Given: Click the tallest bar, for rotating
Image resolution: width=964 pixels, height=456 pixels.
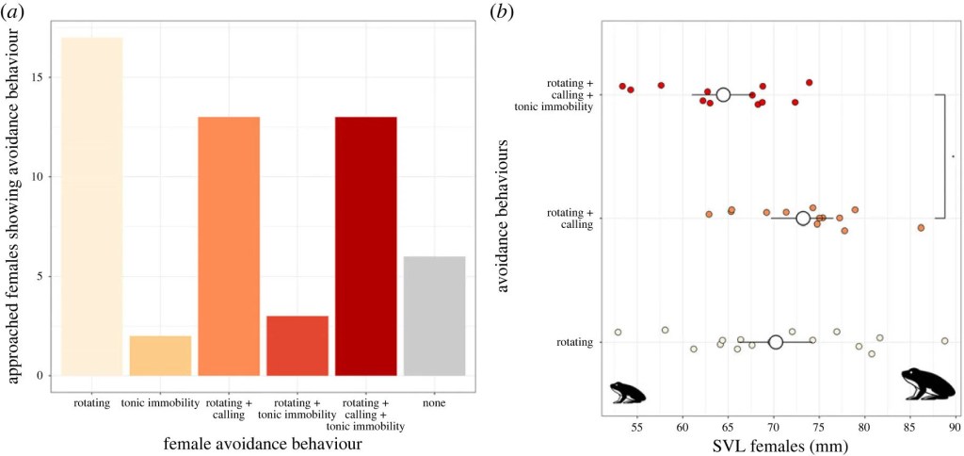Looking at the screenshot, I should pyautogui.click(x=91, y=206).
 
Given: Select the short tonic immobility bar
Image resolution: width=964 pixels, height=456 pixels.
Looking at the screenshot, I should pyautogui.click(x=160, y=355).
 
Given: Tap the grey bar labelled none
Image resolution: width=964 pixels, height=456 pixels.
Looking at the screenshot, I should pyautogui.click(x=434, y=316).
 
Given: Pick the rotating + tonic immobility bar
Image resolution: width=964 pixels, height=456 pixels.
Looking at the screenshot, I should pyautogui.click(x=297, y=346).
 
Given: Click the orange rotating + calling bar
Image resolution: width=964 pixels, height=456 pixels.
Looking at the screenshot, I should pyautogui.click(x=229, y=246).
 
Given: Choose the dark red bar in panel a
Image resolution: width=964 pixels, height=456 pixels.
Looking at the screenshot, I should pyautogui.click(x=365, y=246).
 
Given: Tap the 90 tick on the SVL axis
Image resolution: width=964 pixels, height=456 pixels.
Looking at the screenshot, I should pyautogui.click(x=954, y=427).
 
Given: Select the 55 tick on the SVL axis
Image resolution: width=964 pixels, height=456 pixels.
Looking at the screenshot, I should pyautogui.click(x=637, y=427).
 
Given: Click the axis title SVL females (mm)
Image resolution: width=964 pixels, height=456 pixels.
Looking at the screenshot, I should pyautogui.click(x=779, y=446).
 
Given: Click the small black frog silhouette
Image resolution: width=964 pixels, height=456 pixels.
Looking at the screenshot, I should pyautogui.click(x=626, y=391).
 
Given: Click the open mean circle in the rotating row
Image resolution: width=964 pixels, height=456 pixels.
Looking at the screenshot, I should pyautogui.click(x=776, y=342).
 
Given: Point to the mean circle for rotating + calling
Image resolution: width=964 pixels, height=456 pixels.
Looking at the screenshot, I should pyautogui.click(x=803, y=218).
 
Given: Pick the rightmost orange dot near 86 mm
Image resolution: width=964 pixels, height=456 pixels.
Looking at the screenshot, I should pyautogui.click(x=921, y=227).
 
